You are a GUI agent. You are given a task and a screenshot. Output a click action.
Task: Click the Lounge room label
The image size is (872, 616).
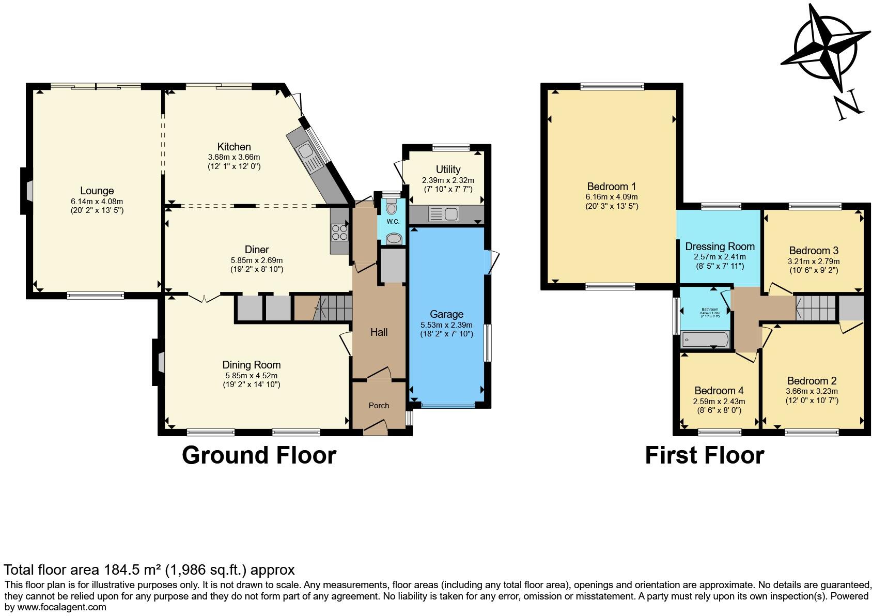click(x=97, y=191)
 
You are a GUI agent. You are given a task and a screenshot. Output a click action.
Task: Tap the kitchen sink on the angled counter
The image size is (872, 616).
click(x=305, y=151)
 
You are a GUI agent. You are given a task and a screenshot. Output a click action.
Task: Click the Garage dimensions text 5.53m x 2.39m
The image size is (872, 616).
click(x=446, y=325)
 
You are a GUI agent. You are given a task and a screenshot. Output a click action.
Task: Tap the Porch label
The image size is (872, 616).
click(x=379, y=406)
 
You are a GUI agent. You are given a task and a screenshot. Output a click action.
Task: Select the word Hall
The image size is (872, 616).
click(x=379, y=332)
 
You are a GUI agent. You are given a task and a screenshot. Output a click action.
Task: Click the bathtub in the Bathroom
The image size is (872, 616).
click(x=705, y=340)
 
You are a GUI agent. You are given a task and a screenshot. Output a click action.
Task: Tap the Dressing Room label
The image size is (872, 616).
click(x=720, y=247)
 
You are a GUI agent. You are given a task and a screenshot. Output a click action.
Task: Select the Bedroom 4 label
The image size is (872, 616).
click(x=719, y=391)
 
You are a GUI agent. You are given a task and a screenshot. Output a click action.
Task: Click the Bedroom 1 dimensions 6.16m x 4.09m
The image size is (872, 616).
click(x=612, y=197)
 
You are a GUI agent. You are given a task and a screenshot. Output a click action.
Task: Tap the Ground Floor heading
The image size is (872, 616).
click(x=259, y=455)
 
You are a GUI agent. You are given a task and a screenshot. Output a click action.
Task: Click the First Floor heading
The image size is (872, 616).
click(x=704, y=455)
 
